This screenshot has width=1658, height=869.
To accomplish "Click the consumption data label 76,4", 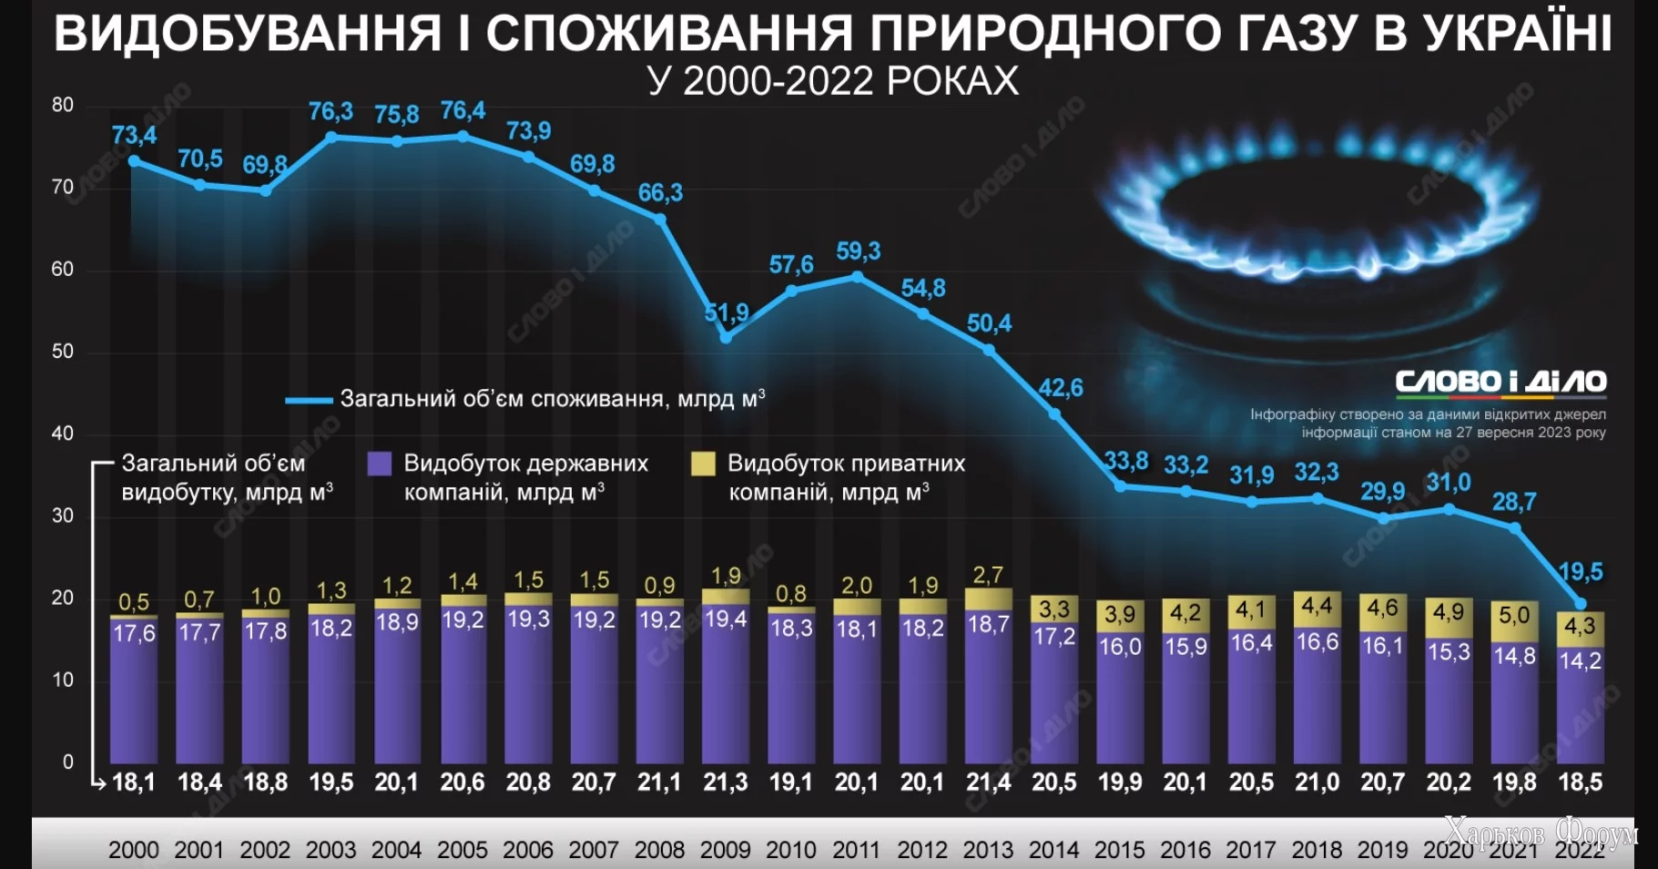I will (463, 111).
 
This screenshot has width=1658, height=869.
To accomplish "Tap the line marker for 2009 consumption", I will (726, 338).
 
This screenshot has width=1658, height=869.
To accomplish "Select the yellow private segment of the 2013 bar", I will (988, 598).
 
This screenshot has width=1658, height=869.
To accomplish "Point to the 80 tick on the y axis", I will (63, 105).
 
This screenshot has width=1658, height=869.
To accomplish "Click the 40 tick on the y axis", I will (63, 434).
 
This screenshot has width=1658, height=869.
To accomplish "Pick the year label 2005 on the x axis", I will (463, 850).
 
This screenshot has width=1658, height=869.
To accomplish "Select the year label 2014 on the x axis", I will (1054, 850).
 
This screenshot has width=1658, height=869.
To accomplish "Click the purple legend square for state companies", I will (380, 464).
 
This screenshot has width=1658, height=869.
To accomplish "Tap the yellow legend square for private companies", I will (703, 464).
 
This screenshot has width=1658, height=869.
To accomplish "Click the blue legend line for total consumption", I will (308, 400).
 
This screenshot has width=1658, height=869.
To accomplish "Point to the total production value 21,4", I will (988, 782).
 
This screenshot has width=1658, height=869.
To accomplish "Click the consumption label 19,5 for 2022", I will (1581, 572).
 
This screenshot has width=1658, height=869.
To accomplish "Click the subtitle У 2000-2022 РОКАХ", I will (833, 81).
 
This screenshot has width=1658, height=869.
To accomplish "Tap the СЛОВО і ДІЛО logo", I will (1500, 382).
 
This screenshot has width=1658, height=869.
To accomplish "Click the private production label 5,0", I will (1514, 615).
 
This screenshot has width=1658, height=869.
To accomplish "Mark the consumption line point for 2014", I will (1054, 414).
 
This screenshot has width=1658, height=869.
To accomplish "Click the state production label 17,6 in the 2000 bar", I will (134, 633).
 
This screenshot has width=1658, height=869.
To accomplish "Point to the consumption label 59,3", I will (859, 251).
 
